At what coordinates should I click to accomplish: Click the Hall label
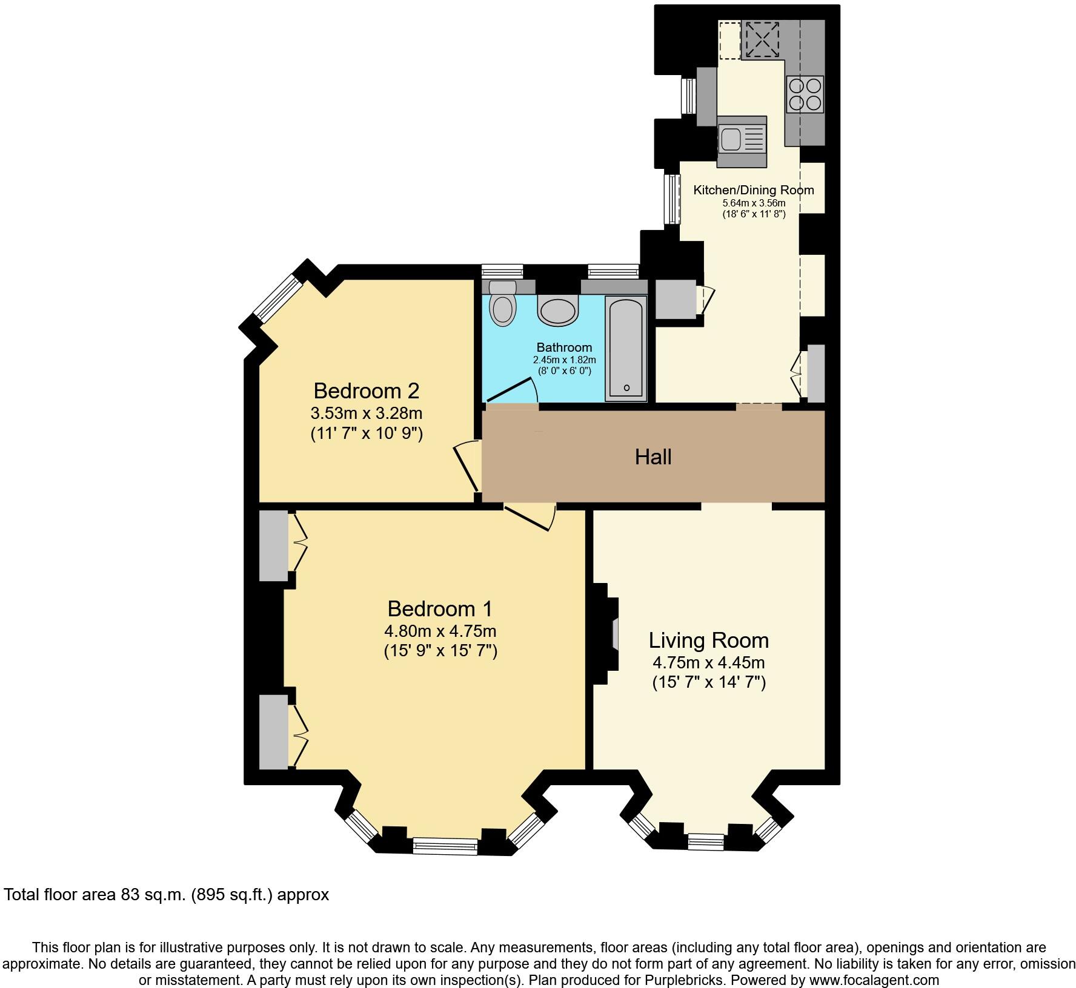pyautogui.click(x=653, y=457)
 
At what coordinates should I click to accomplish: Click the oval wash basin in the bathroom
pyautogui.click(x=558, y=312)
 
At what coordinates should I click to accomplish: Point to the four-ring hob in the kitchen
pyautogui.click(x=805, y=94)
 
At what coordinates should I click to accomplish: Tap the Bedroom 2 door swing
pyautogui.click(x=468, y=466)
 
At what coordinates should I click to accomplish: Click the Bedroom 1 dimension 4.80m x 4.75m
pyautogui.click(x=440, y=631)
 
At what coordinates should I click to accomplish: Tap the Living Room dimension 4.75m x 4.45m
pyautogui.click(x=708, y=662)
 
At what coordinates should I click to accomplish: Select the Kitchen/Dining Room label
pyautogui.click(x=754, y=190)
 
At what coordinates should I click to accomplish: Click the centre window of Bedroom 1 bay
pyautogui.click(x=445, y=845)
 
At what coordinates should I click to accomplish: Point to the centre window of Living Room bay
pyautogui.click(x=706, y=841)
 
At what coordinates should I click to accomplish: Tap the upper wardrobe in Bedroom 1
pyautogui.click(x=274, y=545)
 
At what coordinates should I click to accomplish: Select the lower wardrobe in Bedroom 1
pyautogui.click(x=274, y=731)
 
